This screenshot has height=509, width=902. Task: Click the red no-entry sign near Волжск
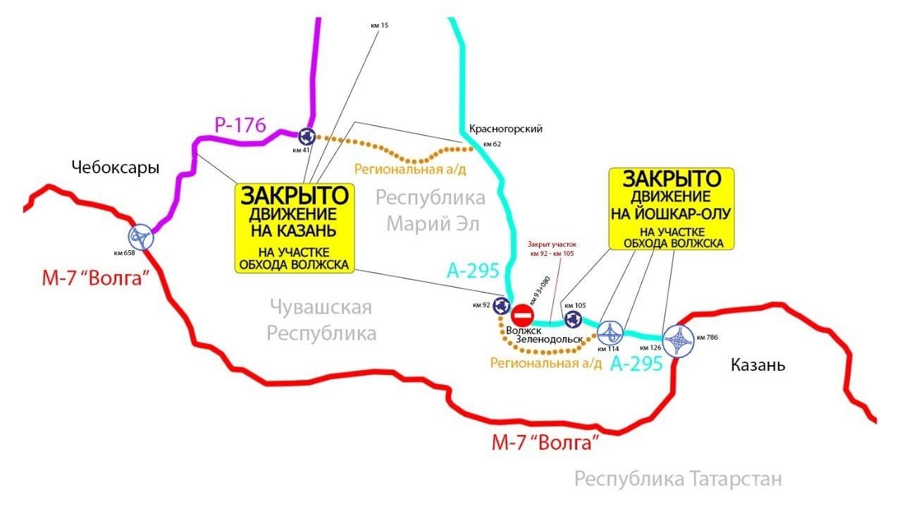[x=522, y=314]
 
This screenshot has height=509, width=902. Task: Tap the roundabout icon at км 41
[x=306, y=136]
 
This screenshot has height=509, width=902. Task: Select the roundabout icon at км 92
[x=501, y=306]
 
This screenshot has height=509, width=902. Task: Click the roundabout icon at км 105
[x=570, y=319]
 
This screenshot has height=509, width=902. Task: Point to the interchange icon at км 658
[x=141, y=237]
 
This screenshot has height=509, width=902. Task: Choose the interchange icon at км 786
[x=678, y=341]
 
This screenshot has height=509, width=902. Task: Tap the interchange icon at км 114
[x=610, y=331]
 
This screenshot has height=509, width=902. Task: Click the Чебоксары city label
[x=116, y=168]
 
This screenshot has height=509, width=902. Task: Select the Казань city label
[x=758, y=365]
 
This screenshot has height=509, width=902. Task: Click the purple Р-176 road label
[x=240, y=126]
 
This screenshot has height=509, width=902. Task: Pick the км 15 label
[x=379, y=25]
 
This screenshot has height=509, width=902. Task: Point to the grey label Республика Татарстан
[x=678, y=479]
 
